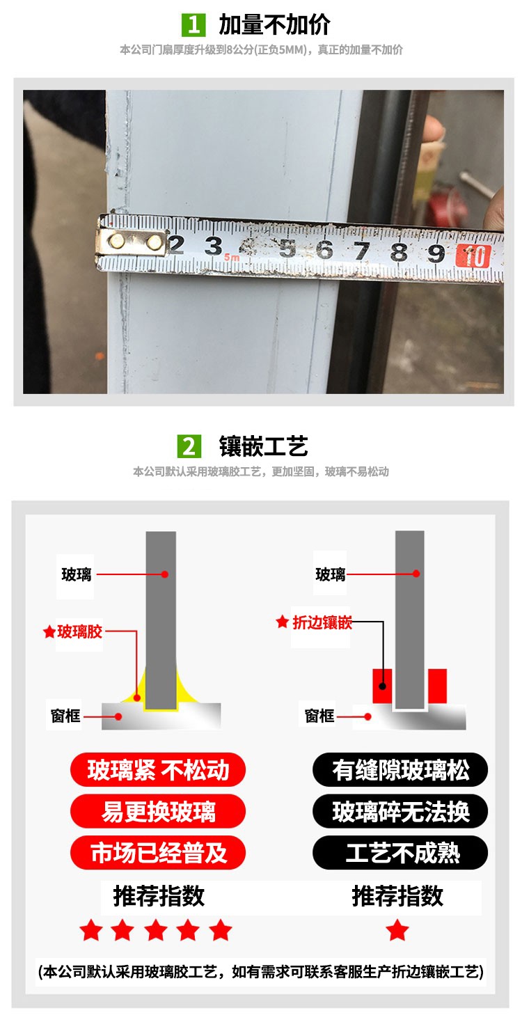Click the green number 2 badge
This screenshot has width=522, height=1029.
(x=190, y=446)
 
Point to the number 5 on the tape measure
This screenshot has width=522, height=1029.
(x=287, y=249)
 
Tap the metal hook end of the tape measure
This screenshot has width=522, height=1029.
(x=132, y=243)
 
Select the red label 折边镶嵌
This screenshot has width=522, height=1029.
(x=322, y=622)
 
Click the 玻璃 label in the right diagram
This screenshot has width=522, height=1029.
(x=331, y=574)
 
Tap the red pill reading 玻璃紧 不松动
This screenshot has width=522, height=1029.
(x=158, y=770)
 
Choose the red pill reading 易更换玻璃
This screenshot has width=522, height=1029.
(x=158, y=812)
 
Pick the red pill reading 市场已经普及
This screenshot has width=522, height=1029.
(x=158, y=853)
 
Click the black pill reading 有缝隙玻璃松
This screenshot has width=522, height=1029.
(x=400, y=770)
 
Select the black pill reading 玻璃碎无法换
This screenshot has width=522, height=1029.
(x=400, y=812)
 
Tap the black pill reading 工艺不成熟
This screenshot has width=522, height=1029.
(x=400, y=853)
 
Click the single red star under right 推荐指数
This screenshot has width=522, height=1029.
(x=397, y=930)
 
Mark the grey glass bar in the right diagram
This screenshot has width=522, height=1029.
(x=409, y=613)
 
